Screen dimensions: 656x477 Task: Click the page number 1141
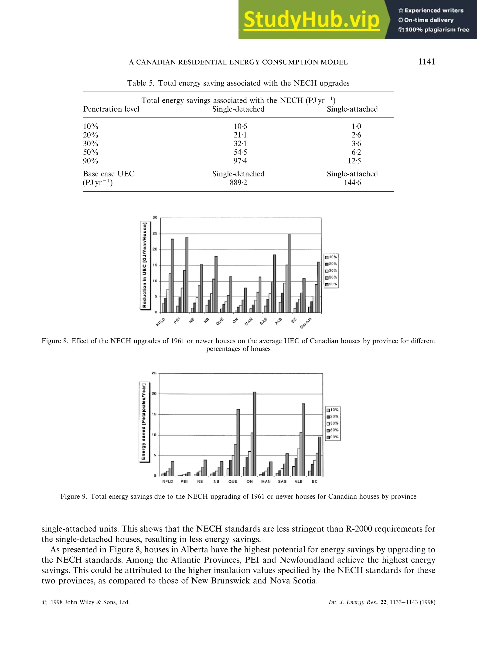coord(426,62)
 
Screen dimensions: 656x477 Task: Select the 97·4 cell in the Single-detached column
coord(240,161)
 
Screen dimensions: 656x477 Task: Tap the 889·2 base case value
coord(238,182)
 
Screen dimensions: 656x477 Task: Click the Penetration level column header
coord(111,109)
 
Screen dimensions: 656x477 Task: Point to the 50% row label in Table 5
coord(90,152)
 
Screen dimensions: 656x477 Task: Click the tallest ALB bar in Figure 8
coord(289,273)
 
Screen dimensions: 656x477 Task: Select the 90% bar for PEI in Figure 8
coord(187,275)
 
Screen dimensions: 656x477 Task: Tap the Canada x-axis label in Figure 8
coord(306,323)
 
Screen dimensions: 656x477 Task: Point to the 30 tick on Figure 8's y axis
coord(155,217)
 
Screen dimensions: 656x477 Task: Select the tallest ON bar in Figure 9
coord(254,434)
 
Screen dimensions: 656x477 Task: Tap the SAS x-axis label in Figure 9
coord(282,482)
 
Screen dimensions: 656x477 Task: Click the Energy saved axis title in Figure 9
coord(143,422)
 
